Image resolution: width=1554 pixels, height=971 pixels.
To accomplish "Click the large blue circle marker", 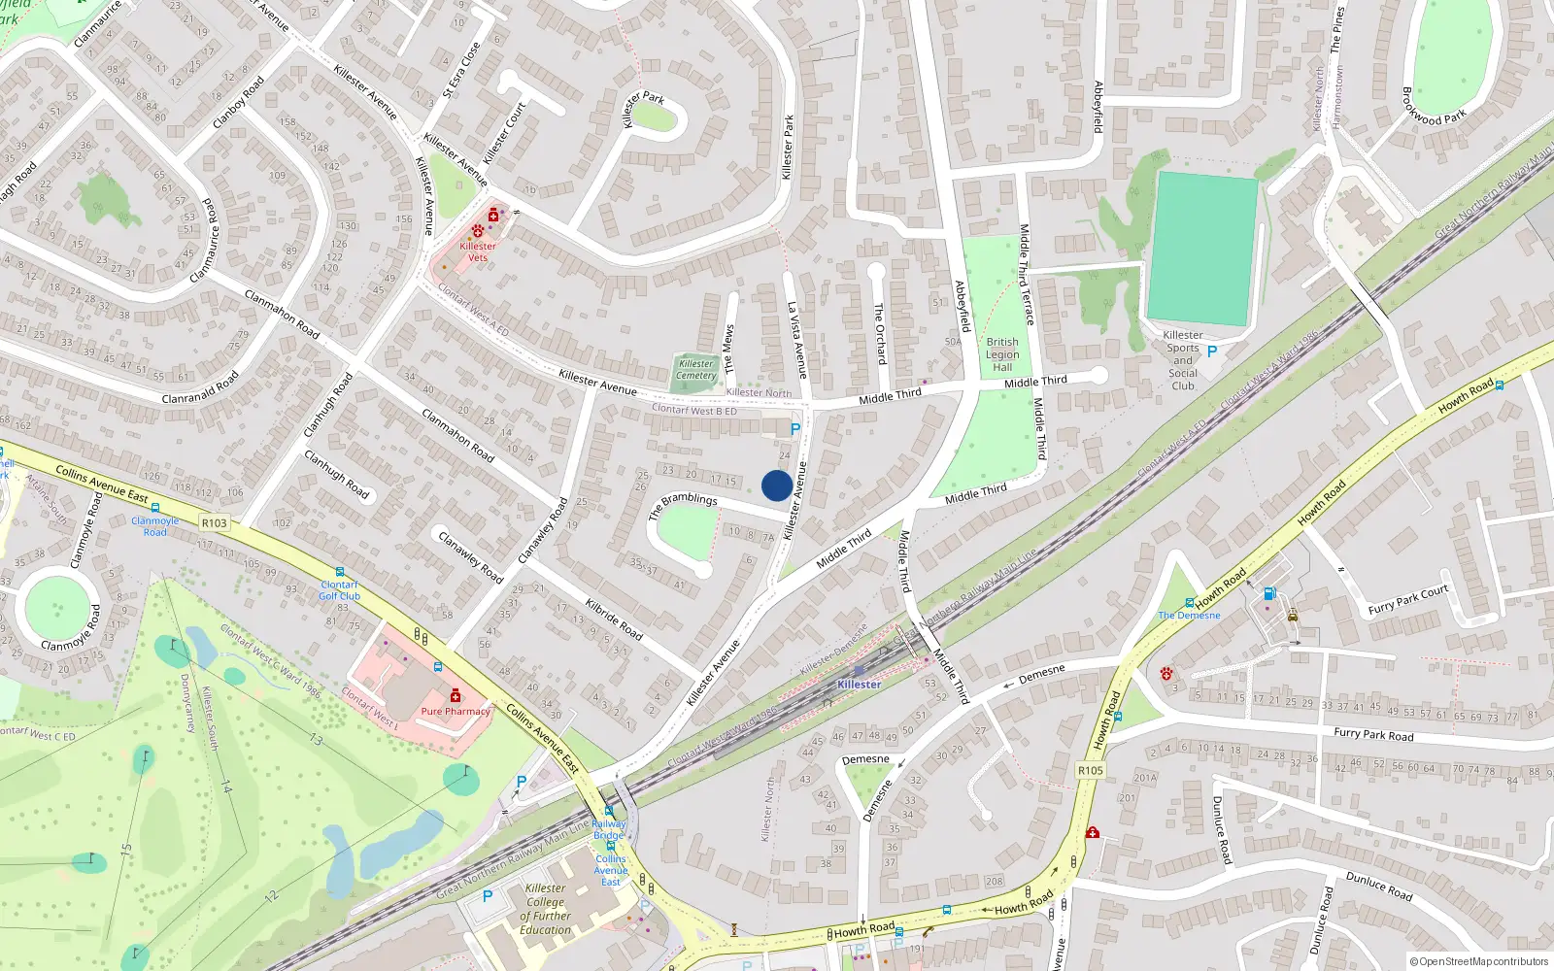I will (x=776, y=485).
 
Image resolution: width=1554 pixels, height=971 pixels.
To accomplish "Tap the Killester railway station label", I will (x=860, y=685).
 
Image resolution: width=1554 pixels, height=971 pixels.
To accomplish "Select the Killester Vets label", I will (x=478, y=251).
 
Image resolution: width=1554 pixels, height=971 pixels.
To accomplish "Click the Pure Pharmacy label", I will (x=456, y=712).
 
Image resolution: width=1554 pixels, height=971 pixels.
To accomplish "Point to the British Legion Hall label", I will (x=1002, y=354).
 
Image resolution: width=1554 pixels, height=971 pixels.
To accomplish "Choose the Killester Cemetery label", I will (x=696, y=370).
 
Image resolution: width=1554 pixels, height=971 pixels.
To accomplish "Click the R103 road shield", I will (x=214, y=523).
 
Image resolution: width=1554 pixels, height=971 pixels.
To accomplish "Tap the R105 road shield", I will (x=1091, y=771).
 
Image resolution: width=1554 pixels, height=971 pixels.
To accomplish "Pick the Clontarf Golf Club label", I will (x=340, y=590).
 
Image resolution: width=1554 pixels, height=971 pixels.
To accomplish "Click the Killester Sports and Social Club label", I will (x=1183, y=360).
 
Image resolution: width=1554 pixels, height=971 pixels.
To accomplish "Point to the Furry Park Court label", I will (x=1407, y=600).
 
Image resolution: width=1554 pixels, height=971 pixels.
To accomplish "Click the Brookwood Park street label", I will (x=1434, y=107).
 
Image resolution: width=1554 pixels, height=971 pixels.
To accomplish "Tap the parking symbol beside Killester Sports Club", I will (x=1211, y=352).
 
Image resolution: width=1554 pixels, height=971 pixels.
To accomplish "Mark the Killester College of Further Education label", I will (x=546, y=909).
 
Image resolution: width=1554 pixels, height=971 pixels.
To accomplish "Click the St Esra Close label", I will (x=461, y=69).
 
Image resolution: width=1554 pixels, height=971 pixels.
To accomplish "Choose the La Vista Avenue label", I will (x=796, y=340).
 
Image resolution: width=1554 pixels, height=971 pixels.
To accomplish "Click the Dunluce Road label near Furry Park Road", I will (x=1222, y=830).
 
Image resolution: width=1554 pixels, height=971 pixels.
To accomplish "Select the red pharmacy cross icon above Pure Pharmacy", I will (x=455, y=695).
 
